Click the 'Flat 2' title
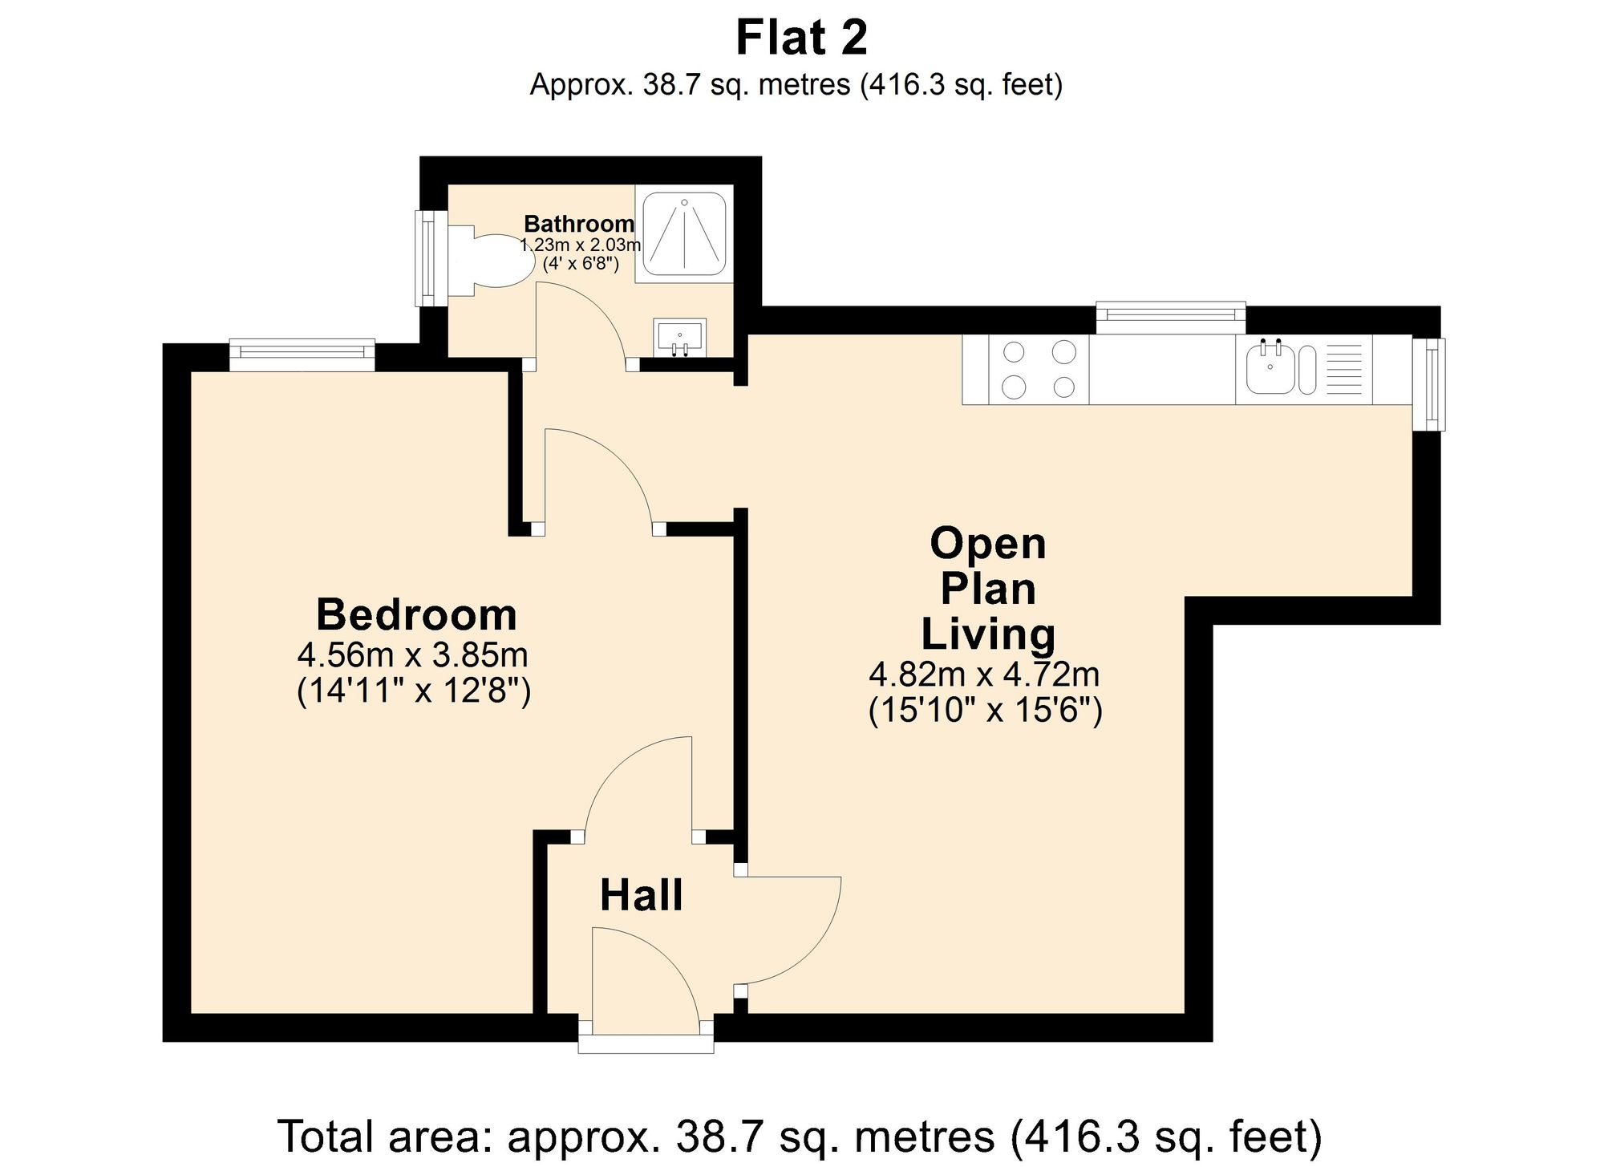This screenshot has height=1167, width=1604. [x=801, y=38]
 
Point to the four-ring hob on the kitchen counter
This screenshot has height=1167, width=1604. [x=1039, y=370]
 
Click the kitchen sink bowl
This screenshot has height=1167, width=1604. [x=1270, y=370]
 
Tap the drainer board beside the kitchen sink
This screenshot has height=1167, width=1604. [x=1344, y=370]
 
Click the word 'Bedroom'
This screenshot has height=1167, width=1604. [x=416, y=615]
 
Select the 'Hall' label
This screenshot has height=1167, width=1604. [x=641, y=895]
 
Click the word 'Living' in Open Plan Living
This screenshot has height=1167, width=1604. [x=987, y=634]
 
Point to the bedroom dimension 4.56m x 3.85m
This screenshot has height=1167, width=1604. [x=412, y=656]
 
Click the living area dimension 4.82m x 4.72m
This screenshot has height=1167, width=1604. [x=984, y=675]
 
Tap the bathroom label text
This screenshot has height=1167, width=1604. [x=579, y=224]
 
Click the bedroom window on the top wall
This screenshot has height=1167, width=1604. [x=302, y=355]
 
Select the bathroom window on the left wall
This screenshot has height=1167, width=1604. [x=431, y=257]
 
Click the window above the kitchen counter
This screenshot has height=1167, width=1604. [x=1170, y=317]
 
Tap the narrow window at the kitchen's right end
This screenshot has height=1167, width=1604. [x=1428, y=384]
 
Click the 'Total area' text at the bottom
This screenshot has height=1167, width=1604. [x=800, y=1136]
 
